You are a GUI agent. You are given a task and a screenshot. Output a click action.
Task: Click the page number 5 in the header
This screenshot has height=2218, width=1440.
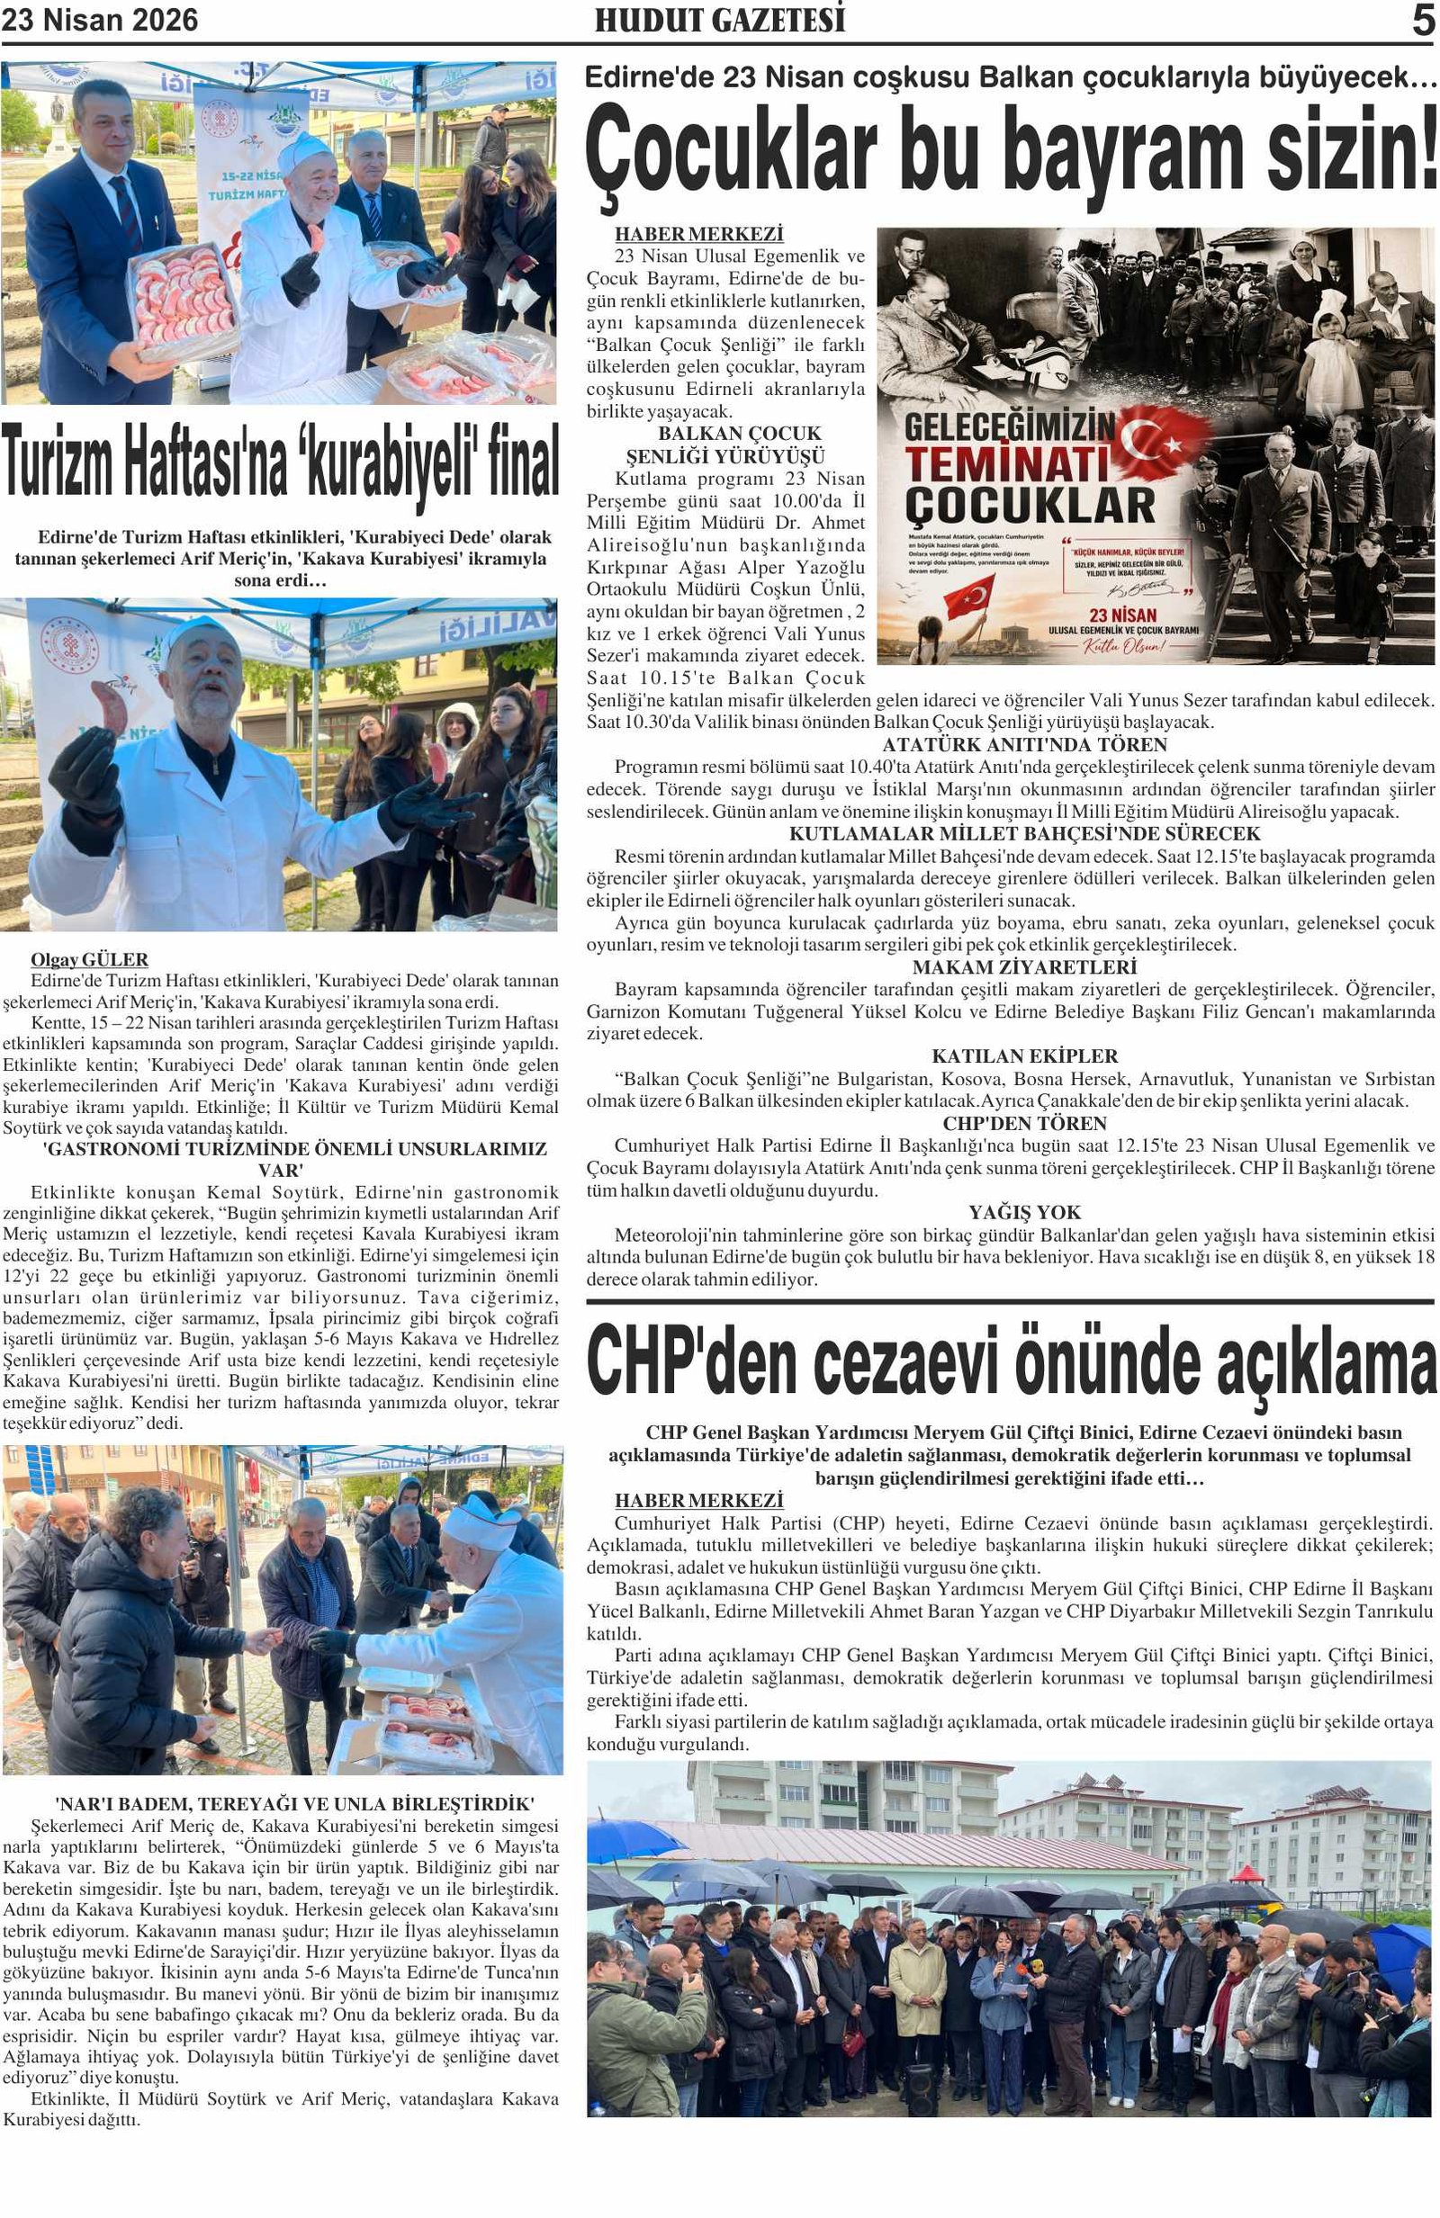pyautogui.click(x=1422, y=20)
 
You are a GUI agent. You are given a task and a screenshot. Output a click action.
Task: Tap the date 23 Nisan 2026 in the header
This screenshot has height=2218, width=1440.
pyautogui.click(x=100, y=21)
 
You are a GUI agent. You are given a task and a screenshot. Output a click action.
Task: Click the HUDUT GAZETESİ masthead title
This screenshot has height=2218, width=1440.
pyautogui.click(x=719, y=21)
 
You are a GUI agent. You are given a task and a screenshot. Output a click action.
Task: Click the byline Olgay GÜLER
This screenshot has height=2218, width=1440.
pyautogui.click(x=89, y=960)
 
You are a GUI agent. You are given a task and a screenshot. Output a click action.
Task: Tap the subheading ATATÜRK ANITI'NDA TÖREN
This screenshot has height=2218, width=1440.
pyautogui.click(x=1024, y=745)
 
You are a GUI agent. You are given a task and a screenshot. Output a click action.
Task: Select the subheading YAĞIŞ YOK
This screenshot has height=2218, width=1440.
pyautogui.click(x=1024, y=1212)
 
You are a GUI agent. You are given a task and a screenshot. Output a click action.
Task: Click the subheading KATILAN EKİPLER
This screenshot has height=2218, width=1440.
pyautogui.click(x=1024, y=1055)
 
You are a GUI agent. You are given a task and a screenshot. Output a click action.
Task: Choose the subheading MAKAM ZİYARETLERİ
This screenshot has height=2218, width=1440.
pyautogui.click(x=1024, y=967)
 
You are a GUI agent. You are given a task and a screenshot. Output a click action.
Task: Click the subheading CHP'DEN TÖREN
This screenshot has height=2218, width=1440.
pyautogui.click(x=1024, y=1123)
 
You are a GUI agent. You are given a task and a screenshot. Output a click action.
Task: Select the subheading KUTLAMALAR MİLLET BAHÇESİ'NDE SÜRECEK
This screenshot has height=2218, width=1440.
pyautogui.click(x=1024, y=833)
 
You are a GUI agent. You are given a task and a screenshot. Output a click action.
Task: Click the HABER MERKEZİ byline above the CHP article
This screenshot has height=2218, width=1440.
pyautogui.click(x=698, y=1501)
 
